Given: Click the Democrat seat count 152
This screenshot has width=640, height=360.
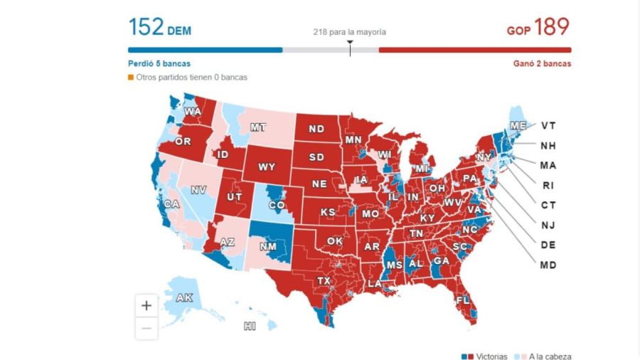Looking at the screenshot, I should (x=146, y=27).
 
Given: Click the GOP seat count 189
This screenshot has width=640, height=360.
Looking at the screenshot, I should (x=552, y=27).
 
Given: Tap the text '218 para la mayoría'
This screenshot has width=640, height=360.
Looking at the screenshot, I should (x=350, y=32).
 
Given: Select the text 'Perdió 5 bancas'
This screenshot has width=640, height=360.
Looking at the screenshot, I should (x=159, y=63).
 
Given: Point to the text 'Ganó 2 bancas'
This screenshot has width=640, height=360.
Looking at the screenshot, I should (x=542, y=63).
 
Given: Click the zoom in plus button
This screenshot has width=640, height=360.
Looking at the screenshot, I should (x=146, y=306).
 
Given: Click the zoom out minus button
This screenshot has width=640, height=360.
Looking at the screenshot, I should (x=146, y=328).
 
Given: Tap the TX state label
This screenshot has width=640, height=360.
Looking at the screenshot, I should (x=324, y=280).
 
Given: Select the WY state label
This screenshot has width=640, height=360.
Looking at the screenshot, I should (x=267, y=167).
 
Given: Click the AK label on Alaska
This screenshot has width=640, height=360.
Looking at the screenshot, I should (x=184, y=298).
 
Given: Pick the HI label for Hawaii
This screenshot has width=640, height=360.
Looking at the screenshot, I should (x=250, y=326).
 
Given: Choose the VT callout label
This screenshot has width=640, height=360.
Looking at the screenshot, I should (x=548, y=125).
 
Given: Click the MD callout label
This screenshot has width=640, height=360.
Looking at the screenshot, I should (x=548, y=265).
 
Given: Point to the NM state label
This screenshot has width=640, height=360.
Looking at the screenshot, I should (x=268, y=246).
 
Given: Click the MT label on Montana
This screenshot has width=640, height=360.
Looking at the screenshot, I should (x=258, y=127).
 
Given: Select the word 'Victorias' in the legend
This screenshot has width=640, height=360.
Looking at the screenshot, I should (x=492, y=356).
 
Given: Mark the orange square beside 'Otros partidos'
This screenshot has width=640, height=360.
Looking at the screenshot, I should (x=131, y=77).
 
